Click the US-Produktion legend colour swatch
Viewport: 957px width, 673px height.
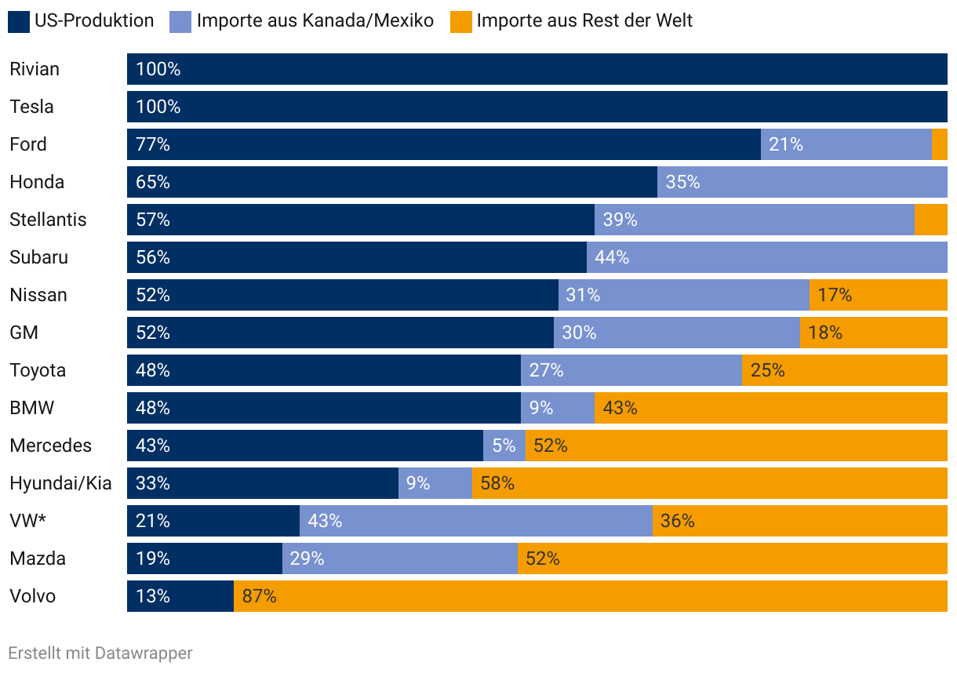click(x=19, y=21)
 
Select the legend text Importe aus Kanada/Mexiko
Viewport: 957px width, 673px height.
click(x=315, y=21)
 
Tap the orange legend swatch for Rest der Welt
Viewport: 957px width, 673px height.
click(x=461, y=21)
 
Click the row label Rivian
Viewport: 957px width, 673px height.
click(x=35, y=69)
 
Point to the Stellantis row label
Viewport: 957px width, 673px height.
click(x=48, y=220)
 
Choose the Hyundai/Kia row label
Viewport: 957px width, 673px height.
click(x=60, y=483)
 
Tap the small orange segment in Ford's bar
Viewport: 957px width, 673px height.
click(x=939, y=144)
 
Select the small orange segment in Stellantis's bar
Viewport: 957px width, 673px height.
click(x=930, y=220)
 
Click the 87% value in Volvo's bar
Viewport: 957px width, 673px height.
click(x=259, y=596)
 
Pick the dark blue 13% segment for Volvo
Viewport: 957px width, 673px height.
click(x=180, y=596)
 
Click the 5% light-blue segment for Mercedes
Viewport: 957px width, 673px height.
click(x=504, y=446)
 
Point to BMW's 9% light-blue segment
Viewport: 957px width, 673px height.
click(x=557, y=408)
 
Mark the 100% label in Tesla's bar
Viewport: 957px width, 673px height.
click(x=158, y=107)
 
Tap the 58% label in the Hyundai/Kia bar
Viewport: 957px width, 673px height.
click(x=497, y=483)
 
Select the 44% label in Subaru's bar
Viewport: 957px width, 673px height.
click(x=612, y=257)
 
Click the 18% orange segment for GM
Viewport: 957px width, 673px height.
click(x=873, y=333)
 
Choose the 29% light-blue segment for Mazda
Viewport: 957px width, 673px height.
click(x=399, y=558)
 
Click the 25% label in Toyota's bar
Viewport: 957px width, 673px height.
click(x=767, y=370)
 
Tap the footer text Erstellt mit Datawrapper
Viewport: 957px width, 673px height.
click(x=100, y=653)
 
